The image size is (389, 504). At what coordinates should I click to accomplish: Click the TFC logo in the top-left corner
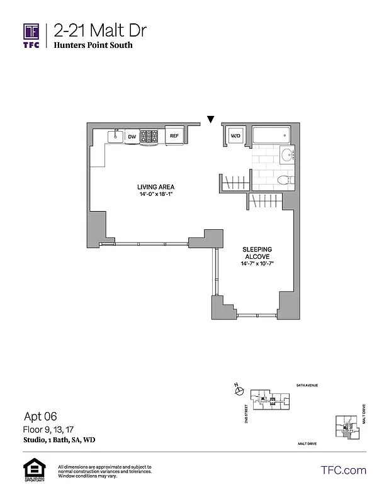[x=32, y=36]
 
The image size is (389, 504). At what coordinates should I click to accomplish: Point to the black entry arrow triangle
[x=211, y=119]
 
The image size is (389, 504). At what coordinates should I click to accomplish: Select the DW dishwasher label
[x=132, y=136]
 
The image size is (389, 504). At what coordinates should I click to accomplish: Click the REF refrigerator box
[x=174, y=135]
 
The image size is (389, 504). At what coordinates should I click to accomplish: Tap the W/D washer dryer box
[x=235, y=135]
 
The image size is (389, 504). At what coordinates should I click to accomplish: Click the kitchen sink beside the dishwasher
[x=115, y=135]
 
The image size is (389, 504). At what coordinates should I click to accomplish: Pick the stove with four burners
[x=149, y=136]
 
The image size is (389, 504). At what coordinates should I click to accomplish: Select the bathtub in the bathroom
[x=271, y=136]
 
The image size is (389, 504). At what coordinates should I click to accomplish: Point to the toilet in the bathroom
[x=286, y=180]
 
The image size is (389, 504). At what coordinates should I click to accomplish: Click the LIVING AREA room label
[x=155, y=186]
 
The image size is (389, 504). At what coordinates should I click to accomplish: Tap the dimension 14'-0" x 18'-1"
[x=155, y=195]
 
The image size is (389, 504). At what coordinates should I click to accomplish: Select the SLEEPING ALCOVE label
[x=257, y=253]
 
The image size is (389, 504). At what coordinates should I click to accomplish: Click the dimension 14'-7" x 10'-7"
[x=257, y=264]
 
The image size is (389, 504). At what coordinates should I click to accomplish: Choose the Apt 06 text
[x=40, y=416]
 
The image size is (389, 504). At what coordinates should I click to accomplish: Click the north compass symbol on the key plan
[x=237, y=391]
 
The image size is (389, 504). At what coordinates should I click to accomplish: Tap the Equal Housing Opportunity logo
[x=32, y=470]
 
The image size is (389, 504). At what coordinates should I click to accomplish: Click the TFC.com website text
[x=344, y=470]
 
